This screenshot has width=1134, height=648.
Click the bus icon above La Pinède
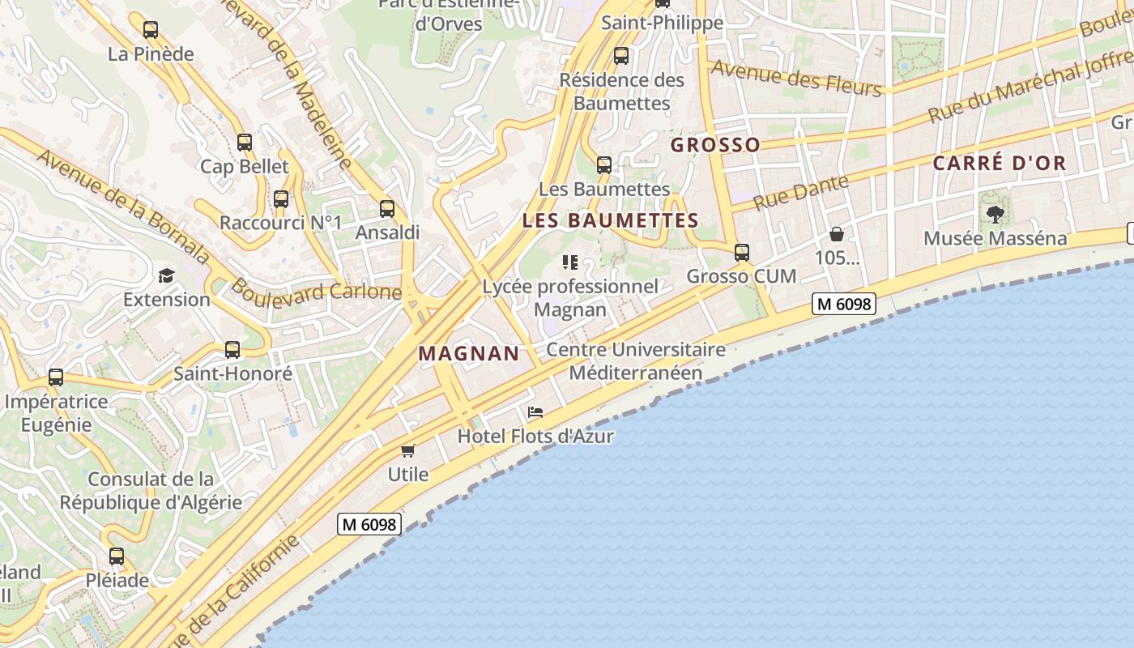pyautogui.click(x=151, y=31)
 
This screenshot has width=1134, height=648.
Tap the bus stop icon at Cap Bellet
pyautogui.click(x=245, y=143)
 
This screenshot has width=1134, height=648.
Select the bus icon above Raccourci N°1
pyautogui.click(x=281, y=199)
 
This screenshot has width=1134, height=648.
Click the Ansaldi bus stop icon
pyautogui.click(x=387, y=209)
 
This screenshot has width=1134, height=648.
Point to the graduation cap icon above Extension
pyautogui.click(x=166, y=276)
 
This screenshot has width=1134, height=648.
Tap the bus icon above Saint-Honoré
pyautogui.click(x=232, y=350)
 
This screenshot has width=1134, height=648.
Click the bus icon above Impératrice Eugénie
pyautogui.click(x=56, y=377)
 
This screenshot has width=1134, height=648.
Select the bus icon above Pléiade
pyautogui.click(x=117, y=556)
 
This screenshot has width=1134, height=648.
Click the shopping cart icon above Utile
pyautogui.click(x=408, y=450)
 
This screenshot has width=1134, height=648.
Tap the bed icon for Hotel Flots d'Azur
pyautogui.click(x=535, y=412)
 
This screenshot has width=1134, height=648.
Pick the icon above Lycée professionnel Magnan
pyautogui.click(x=570, y=262)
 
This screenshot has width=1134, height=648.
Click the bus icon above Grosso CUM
pyautogui.click(x=742, y=253)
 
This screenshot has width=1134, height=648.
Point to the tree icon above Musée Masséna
pyautogui.click(x=995, y=215)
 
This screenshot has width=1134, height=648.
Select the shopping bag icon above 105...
pyautogui.click(x=837, y=235)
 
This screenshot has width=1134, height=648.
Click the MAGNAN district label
pyautogui.click(x=469, y=353)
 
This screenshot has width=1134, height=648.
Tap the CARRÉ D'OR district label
pyautogui.click(x=1000, y=163)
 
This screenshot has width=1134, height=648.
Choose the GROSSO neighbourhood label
pyautogui.click(x=716, y=145)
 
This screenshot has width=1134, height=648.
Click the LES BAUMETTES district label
pyautogui.click(x=611, y=220)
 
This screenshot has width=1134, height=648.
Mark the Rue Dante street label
pyautogui.click(x=801, y=192)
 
